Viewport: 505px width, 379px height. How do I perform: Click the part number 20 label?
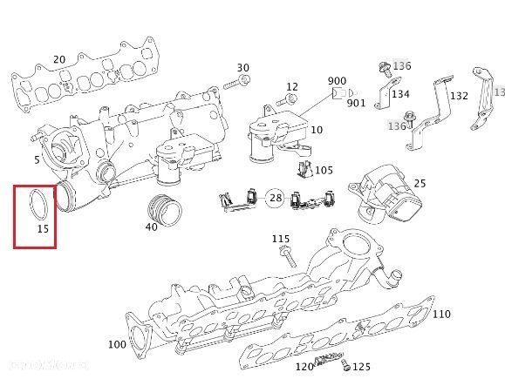59,59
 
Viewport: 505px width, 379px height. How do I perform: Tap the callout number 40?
152,227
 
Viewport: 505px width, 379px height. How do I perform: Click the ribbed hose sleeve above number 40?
165,210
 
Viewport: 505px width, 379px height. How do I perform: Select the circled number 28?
276,198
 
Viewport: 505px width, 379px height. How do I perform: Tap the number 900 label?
337,81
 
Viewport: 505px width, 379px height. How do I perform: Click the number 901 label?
356,103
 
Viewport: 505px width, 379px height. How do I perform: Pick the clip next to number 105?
304,170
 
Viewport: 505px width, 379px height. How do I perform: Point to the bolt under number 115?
288,256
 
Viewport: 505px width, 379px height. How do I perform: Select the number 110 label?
441,314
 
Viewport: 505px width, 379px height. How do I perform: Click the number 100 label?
117,344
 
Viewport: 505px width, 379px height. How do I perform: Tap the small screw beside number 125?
345,366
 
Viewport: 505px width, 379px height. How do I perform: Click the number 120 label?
304,367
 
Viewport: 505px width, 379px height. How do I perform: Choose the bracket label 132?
459,96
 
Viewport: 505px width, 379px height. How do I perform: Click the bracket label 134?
400,94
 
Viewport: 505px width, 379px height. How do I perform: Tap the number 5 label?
37,159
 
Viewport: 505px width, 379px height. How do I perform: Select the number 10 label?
317,130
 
